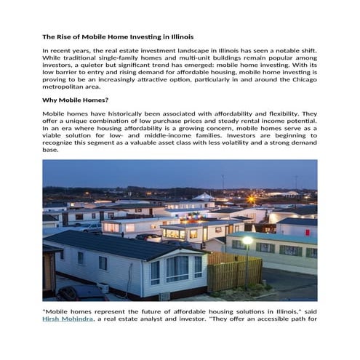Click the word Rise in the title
67,36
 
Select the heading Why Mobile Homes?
76,100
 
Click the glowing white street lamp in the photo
247,240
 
